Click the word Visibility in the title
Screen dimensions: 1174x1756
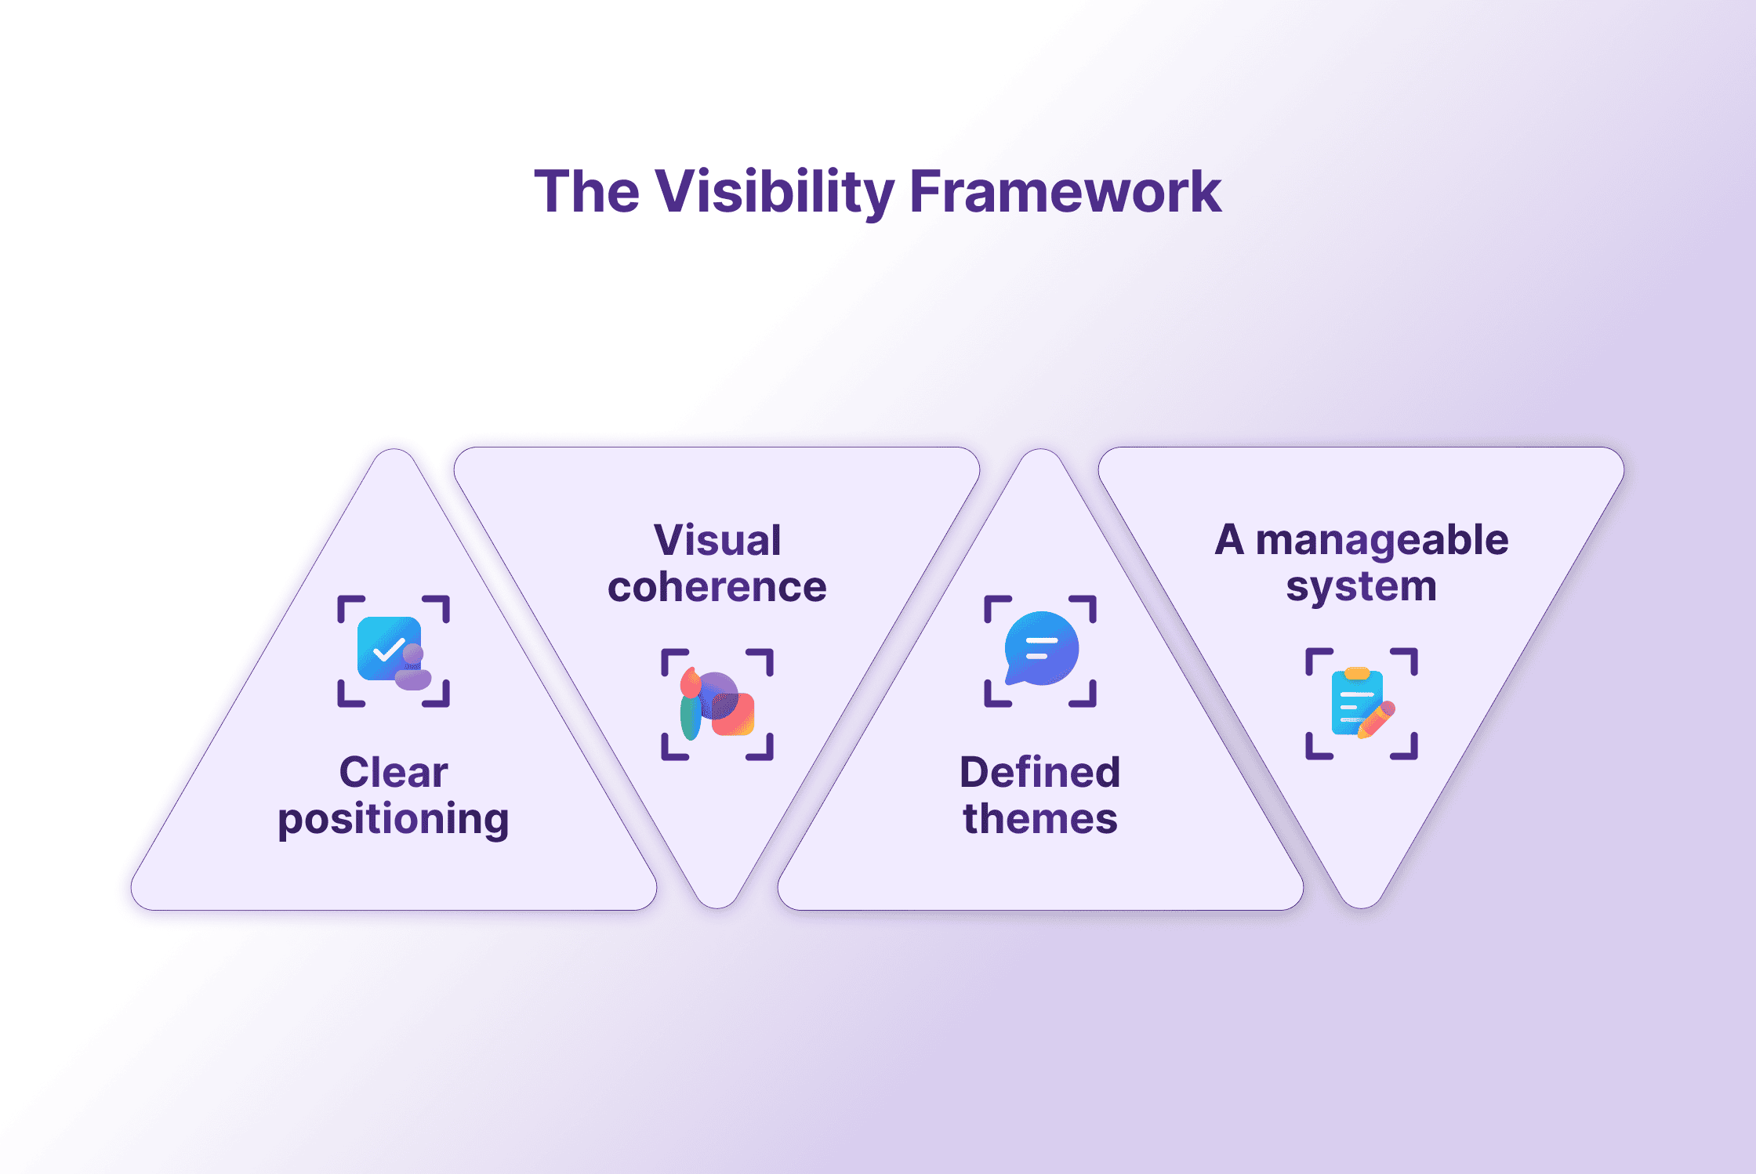coord(775,192)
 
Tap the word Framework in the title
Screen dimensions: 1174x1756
coord(1065,192)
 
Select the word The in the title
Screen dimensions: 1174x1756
coord(586,192)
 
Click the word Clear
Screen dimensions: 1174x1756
coord(394,773)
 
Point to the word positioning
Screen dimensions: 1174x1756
coord(394,820)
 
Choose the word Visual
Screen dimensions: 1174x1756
coord(717,541)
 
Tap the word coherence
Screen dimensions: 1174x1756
coord(717,587)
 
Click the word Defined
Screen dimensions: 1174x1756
coord(1039,773)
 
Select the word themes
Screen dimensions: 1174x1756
coord(1039,819)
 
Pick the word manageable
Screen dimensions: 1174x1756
coord(1381,542)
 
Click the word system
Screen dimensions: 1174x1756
coord(1361,586)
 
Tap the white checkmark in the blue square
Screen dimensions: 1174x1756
coord(388,649)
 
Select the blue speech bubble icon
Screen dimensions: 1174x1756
coord(1041,648)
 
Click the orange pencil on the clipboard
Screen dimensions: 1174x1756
coord(1377,719)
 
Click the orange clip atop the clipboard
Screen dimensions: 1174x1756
coord(1357,673)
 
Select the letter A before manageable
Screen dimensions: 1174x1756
coord(1229,541)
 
